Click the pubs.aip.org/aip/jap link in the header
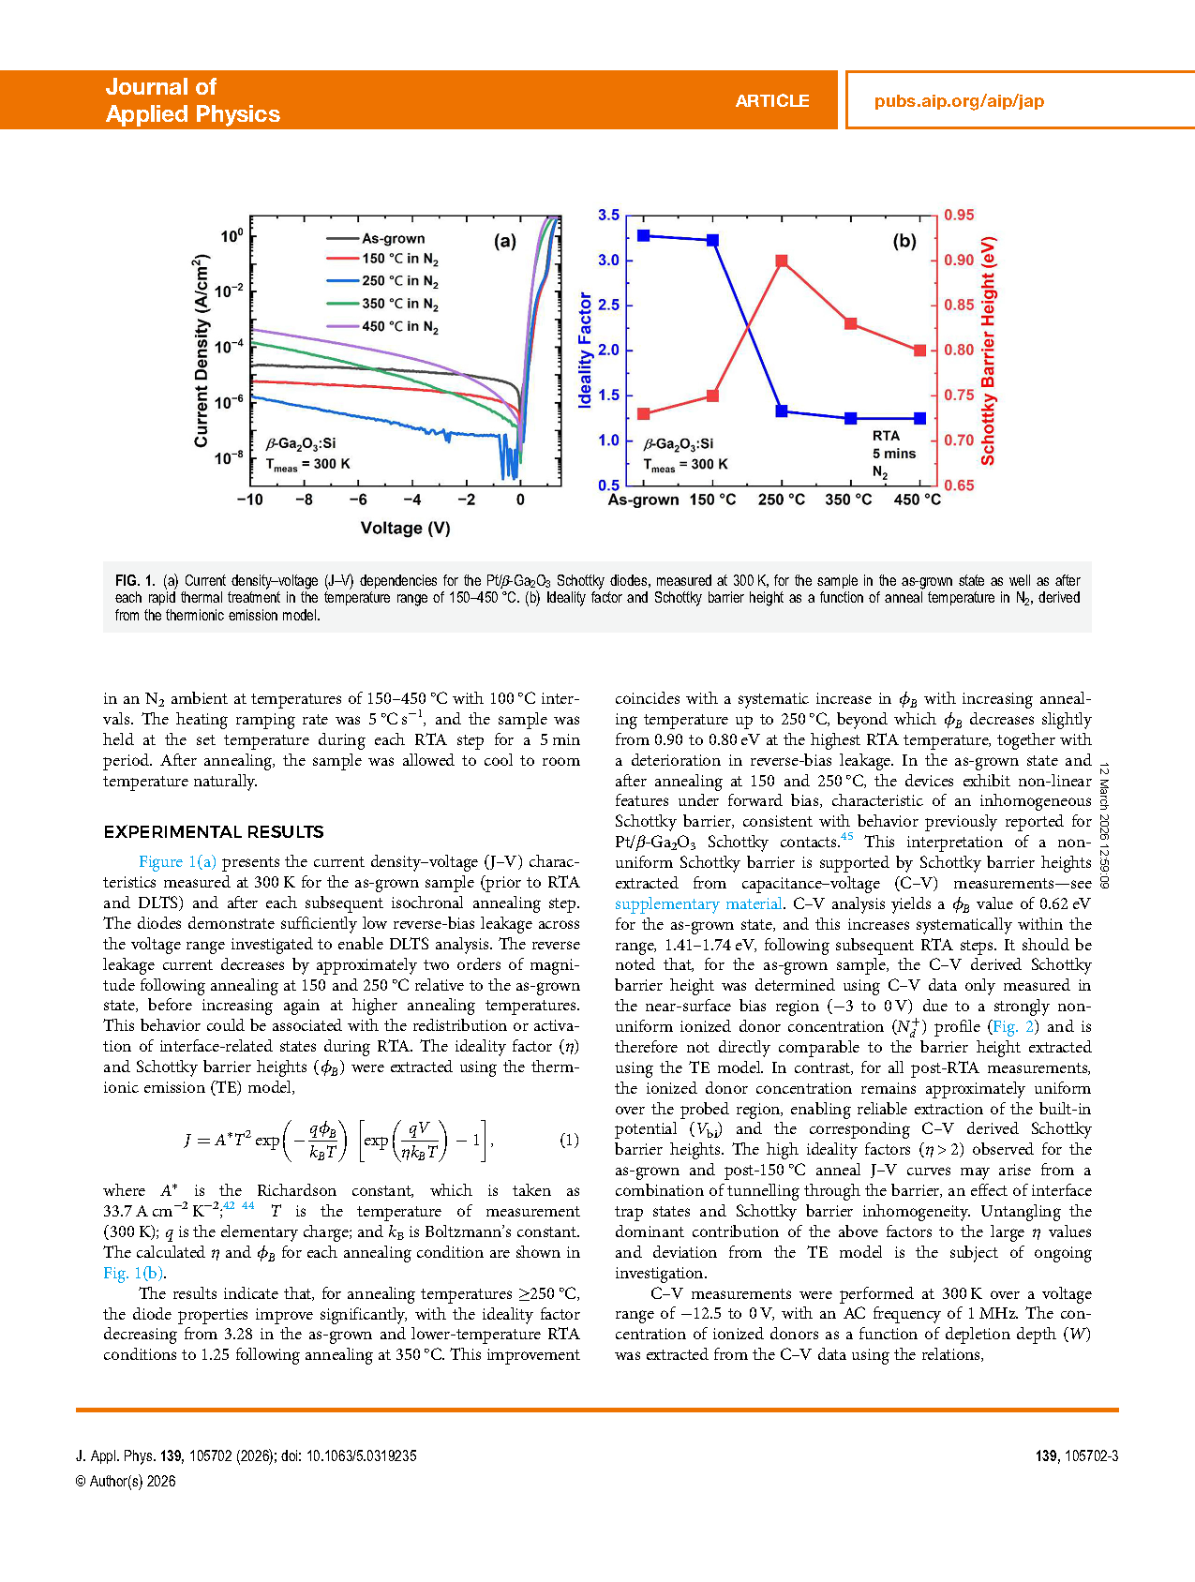click(959, 101)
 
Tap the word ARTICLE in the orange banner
click(771, 101)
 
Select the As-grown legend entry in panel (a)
click(393, 239)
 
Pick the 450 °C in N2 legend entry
click(399, 327)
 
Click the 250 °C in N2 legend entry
click(399, 281)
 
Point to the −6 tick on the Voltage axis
click(358, 500)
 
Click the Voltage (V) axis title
click(405, 529)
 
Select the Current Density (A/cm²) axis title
click(202, 351)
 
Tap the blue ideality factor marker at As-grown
click(644, 236)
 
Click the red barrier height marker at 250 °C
click(782, 261)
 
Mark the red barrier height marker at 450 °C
click(919, 351)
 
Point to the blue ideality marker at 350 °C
click(850, 418)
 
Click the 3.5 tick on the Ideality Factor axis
click(608, 216)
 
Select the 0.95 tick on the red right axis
click(959, 216)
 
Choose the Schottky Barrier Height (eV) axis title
click(988, 351)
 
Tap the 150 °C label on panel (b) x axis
click(712, 500)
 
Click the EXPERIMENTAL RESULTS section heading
click(214, 832)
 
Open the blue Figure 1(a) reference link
click(177, 862)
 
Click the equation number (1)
click(569, 1141)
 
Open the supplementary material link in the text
click(698, 903)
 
